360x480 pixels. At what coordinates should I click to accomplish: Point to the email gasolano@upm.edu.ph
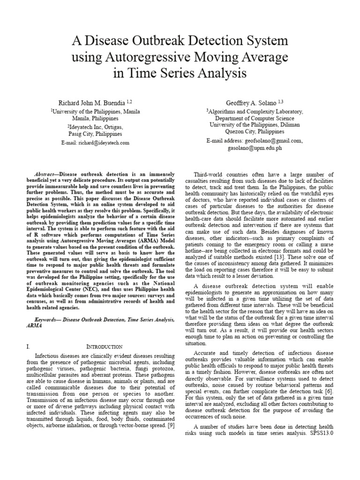point(255,148)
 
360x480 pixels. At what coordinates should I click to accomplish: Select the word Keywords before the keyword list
point(49,319)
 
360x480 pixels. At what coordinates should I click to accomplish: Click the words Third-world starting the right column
point(209,173)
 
